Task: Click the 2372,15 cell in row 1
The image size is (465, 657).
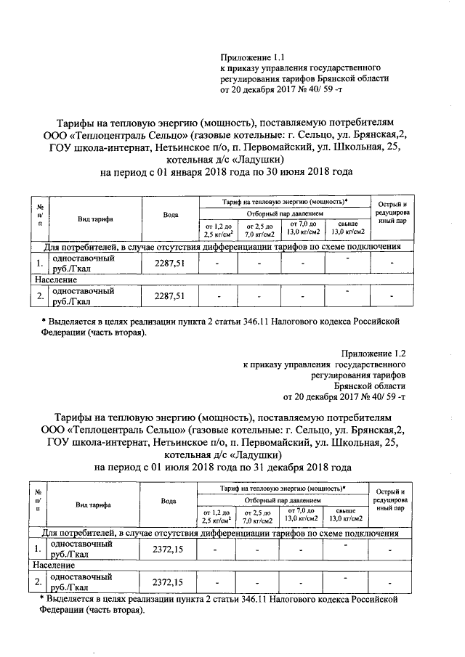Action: pos(169,550)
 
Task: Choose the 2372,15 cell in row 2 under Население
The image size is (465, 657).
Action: pos(169,582)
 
